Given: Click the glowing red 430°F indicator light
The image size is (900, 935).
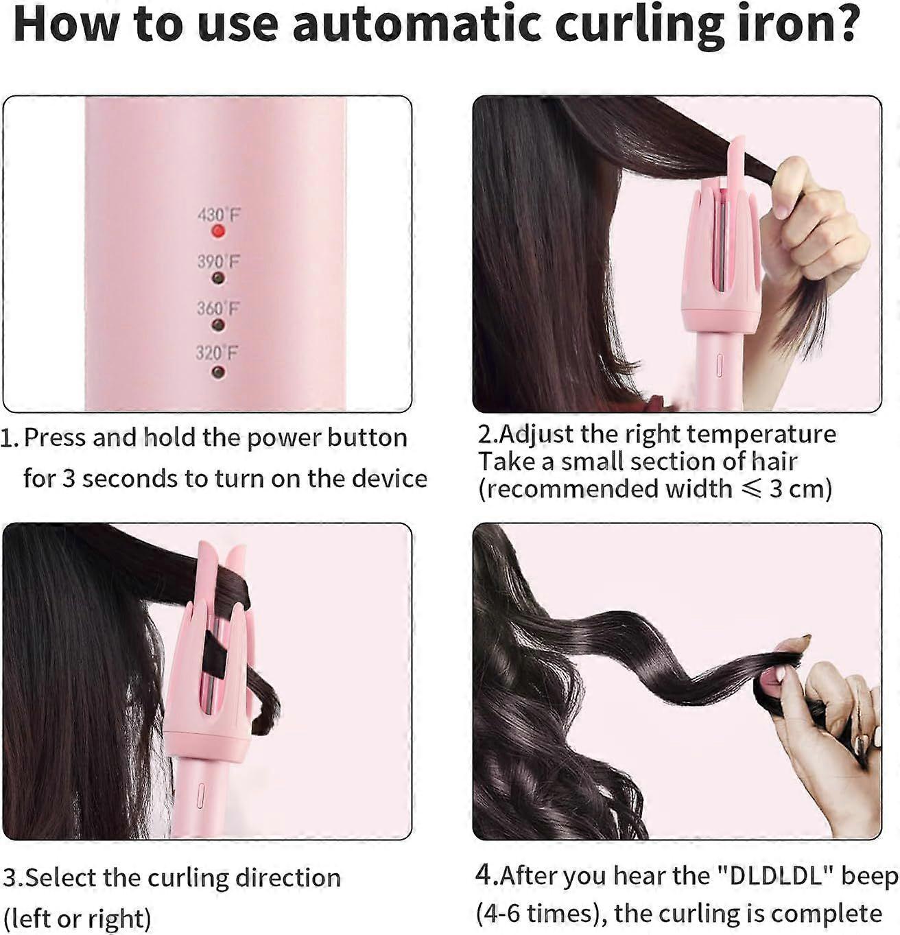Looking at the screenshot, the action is tap(218, 232).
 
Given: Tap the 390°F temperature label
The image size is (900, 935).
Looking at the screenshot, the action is tap(218, 262).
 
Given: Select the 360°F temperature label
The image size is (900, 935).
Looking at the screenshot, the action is tap(217, 308).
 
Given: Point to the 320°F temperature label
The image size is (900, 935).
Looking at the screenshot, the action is tap(217, 353).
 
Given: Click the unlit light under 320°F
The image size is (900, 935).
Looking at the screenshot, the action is tap(218, 372).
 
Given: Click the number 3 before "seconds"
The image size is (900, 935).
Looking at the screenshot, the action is tap(69, 479).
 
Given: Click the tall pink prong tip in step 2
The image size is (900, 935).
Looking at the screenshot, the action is tap(737, 143).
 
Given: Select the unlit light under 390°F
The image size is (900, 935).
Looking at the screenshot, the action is tap(218, 279).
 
